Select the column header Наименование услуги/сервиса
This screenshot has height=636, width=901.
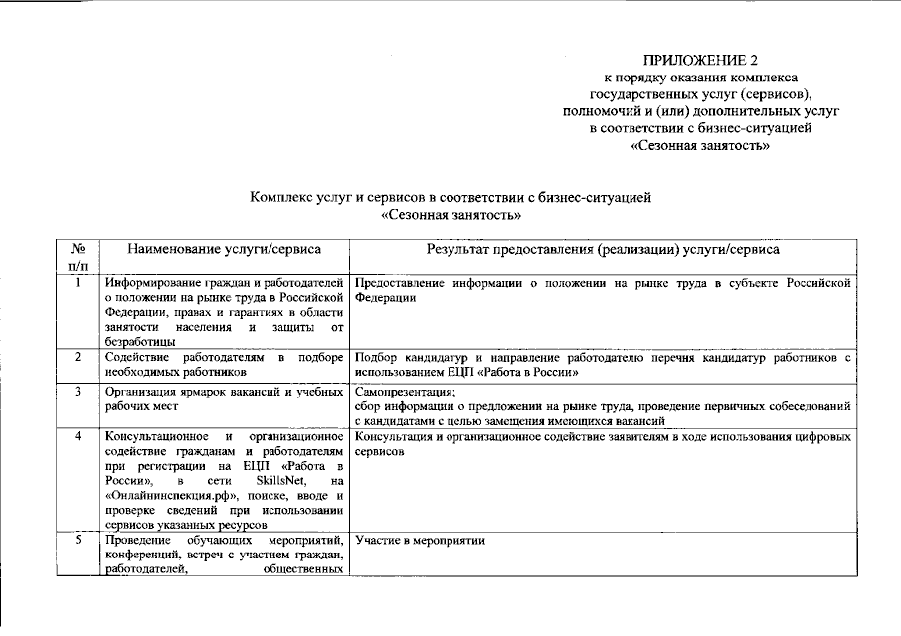pyautogui.click(x=224, y=250)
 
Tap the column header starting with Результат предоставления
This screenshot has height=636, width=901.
pyautogui.click(x=603, y=250)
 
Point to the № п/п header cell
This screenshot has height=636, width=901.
pyautogui.click(x=78, y=258)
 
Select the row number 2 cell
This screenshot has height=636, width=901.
pyautogui.click(x=78, y=356)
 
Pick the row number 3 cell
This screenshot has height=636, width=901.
pyautogui.click(x=78, y=392)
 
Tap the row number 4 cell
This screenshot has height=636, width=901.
pyautogui.click(x=78, y=436)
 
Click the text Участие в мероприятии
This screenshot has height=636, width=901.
pyautogui.click(x=419, y=541)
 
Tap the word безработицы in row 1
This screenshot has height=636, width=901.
pyautogui.click(x=140, y=341)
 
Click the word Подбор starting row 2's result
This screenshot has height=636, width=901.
pyautogui.click(x=375, y=356)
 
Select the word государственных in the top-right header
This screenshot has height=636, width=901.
pyautogui.click(x=647, y=93)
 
